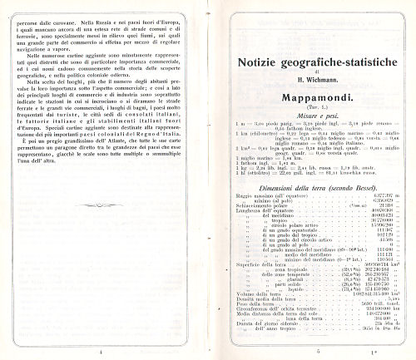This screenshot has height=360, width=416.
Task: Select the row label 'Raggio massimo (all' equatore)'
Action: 255,223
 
